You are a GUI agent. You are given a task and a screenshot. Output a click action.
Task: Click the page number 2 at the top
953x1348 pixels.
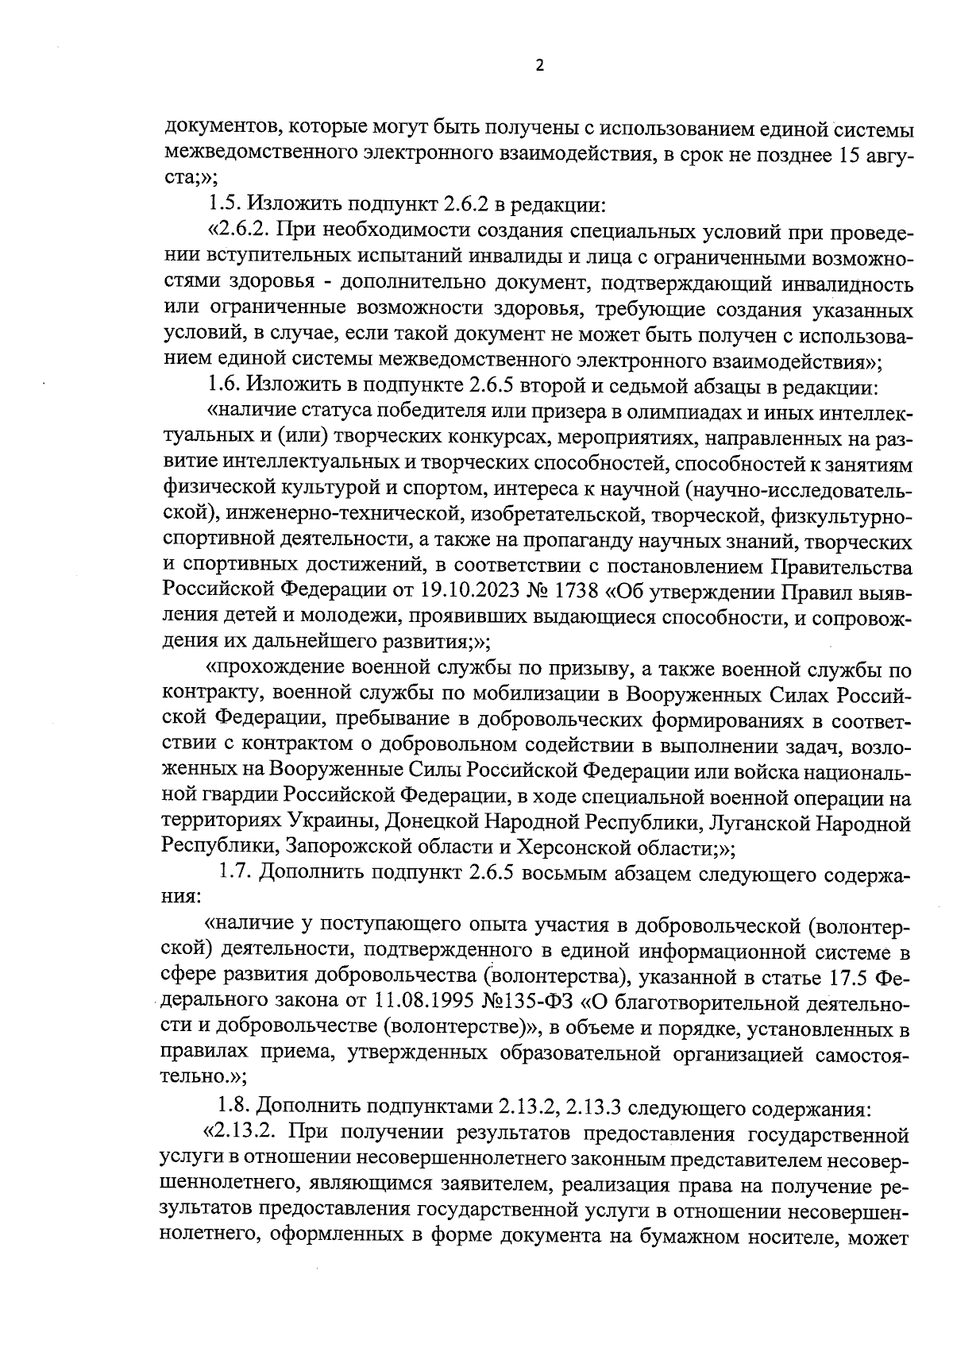540,67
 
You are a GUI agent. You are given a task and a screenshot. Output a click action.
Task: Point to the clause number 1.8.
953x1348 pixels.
236,1106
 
